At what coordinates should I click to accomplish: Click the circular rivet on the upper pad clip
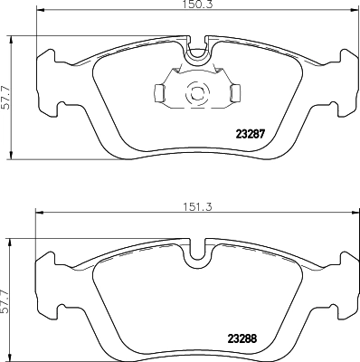195,91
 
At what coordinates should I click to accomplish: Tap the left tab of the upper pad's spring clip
157,91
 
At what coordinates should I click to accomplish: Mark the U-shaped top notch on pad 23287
195,55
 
